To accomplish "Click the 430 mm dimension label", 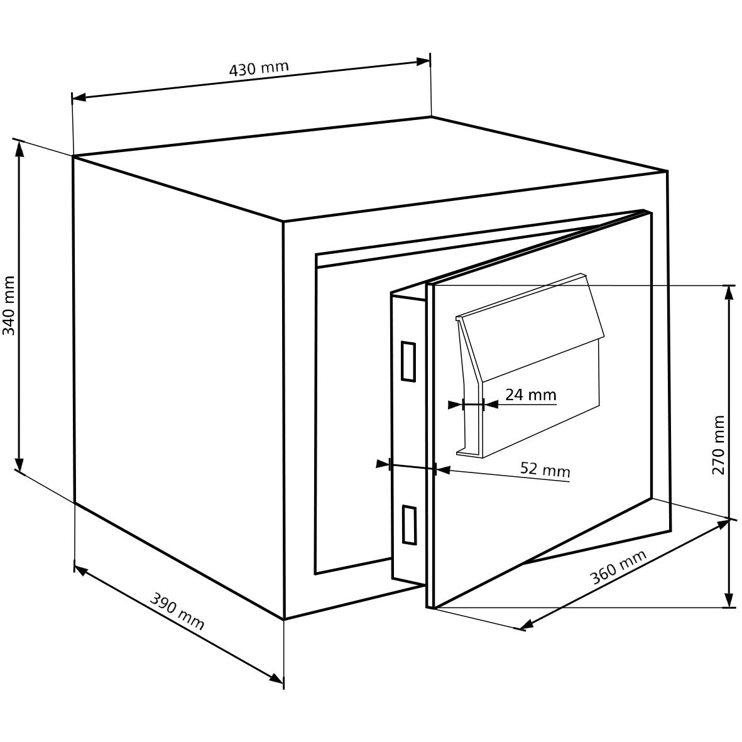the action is click(259, 68).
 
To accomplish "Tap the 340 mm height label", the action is click(9, 306).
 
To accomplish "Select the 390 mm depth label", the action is click(177, 611).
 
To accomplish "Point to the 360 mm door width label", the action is click(618, 567).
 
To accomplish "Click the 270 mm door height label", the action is click(718, 445).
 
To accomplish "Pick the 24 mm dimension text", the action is click(530, 395).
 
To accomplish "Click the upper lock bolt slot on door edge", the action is click(408, 361).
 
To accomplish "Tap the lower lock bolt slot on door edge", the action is click(410, 525).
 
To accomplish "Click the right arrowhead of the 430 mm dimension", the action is click(423, 62).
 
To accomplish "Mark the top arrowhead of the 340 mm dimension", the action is click(19, 149).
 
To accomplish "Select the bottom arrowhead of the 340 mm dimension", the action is click(19, 463).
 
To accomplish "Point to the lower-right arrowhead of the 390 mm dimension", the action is click(276, 678).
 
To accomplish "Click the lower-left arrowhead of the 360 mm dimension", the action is click(527, 625).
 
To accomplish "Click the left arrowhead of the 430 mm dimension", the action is click(79, 97).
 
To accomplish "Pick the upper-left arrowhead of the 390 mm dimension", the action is click(82, 570).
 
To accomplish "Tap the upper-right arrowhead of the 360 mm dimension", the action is click(722, 525).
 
